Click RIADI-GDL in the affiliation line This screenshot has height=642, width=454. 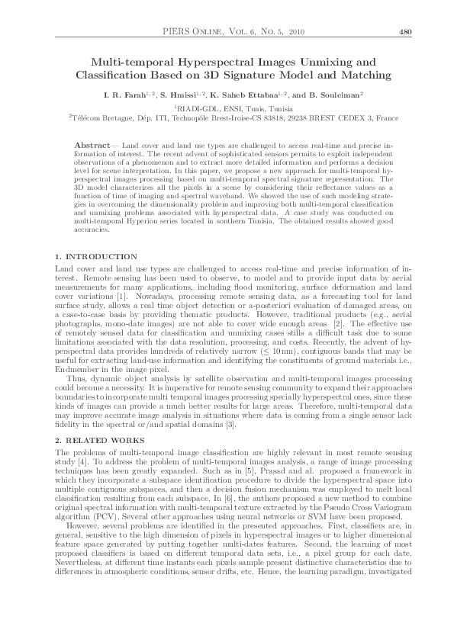[195, 109]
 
